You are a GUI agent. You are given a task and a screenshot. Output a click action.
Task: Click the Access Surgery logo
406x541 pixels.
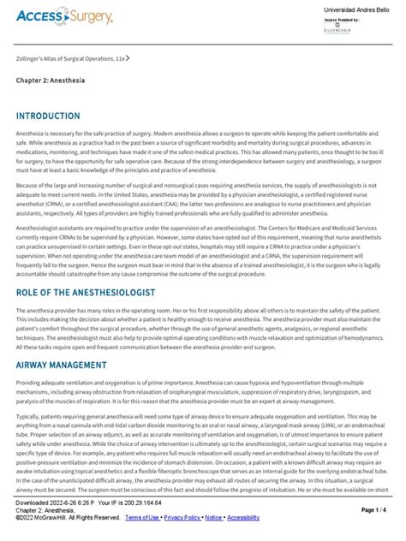click(x=65, y=19)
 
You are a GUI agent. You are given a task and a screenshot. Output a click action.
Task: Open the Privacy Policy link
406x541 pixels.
click(x=183, y=517)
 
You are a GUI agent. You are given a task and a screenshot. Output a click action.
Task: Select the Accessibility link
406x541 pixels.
click(x=243, y=517)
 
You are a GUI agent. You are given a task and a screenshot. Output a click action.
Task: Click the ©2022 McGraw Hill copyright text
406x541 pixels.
click(x=67, y=517)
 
